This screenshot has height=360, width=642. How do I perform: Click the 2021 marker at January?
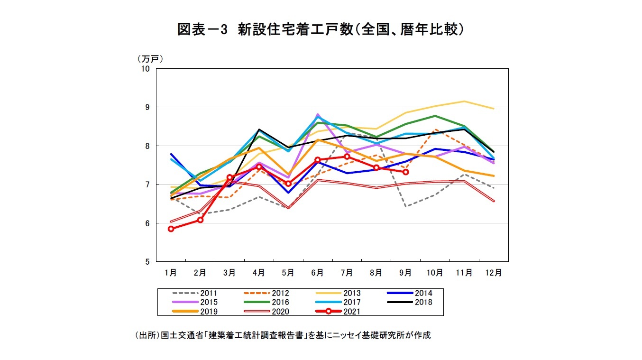[x=171, y=229]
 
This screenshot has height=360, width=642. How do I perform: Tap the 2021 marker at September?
[x=405, y=172]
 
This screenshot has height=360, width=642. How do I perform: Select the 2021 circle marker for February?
[x=200, y=220]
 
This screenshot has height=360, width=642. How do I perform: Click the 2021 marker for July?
[x=347, y=157]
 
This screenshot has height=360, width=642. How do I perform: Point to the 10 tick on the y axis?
[x=145, y=69]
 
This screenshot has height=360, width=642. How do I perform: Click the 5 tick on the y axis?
[x=147, y=262]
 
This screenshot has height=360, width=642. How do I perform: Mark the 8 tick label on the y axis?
[x=147, y=146]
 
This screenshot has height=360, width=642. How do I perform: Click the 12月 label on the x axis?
[x=494, y=273]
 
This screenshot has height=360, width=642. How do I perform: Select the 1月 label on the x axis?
[x=171, y=273]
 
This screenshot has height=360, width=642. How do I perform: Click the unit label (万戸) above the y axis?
[x=150, y=59]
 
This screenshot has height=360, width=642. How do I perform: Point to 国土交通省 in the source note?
[x=180, y=335]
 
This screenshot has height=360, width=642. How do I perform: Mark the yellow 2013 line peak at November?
[x=464, y=101]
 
